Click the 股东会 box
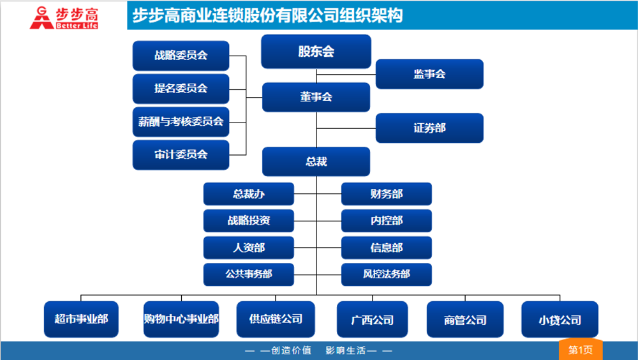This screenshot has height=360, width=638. (x=316, y=52)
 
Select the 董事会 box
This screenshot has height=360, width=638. (x=316, y=97)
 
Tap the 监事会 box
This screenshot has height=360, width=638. (x=429, y=74)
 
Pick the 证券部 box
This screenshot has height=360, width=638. (x=429, y=128)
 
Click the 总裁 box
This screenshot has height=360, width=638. (x=316, y=161)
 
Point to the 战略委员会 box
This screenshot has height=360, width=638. (x=181, y=56)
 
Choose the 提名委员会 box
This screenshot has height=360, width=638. (x=181, y=89)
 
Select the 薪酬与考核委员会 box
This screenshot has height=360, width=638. (x=181, y=121)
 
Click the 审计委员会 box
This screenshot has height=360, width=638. (x=181, y=154)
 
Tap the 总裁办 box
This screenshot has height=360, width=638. (x=249, y=194)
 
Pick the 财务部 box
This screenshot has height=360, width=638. (x=386, y=194)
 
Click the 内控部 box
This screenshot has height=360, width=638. (x=386, y=221)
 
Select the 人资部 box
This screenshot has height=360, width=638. (x=249, y=248)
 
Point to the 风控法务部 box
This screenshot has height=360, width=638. (x=386, y=274)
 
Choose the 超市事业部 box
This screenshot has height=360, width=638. (x=81, y=319)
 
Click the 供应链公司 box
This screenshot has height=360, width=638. (x=276, y=319)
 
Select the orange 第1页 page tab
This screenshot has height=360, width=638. (x=581, y=350)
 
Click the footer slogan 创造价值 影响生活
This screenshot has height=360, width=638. (x=319, y=350)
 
